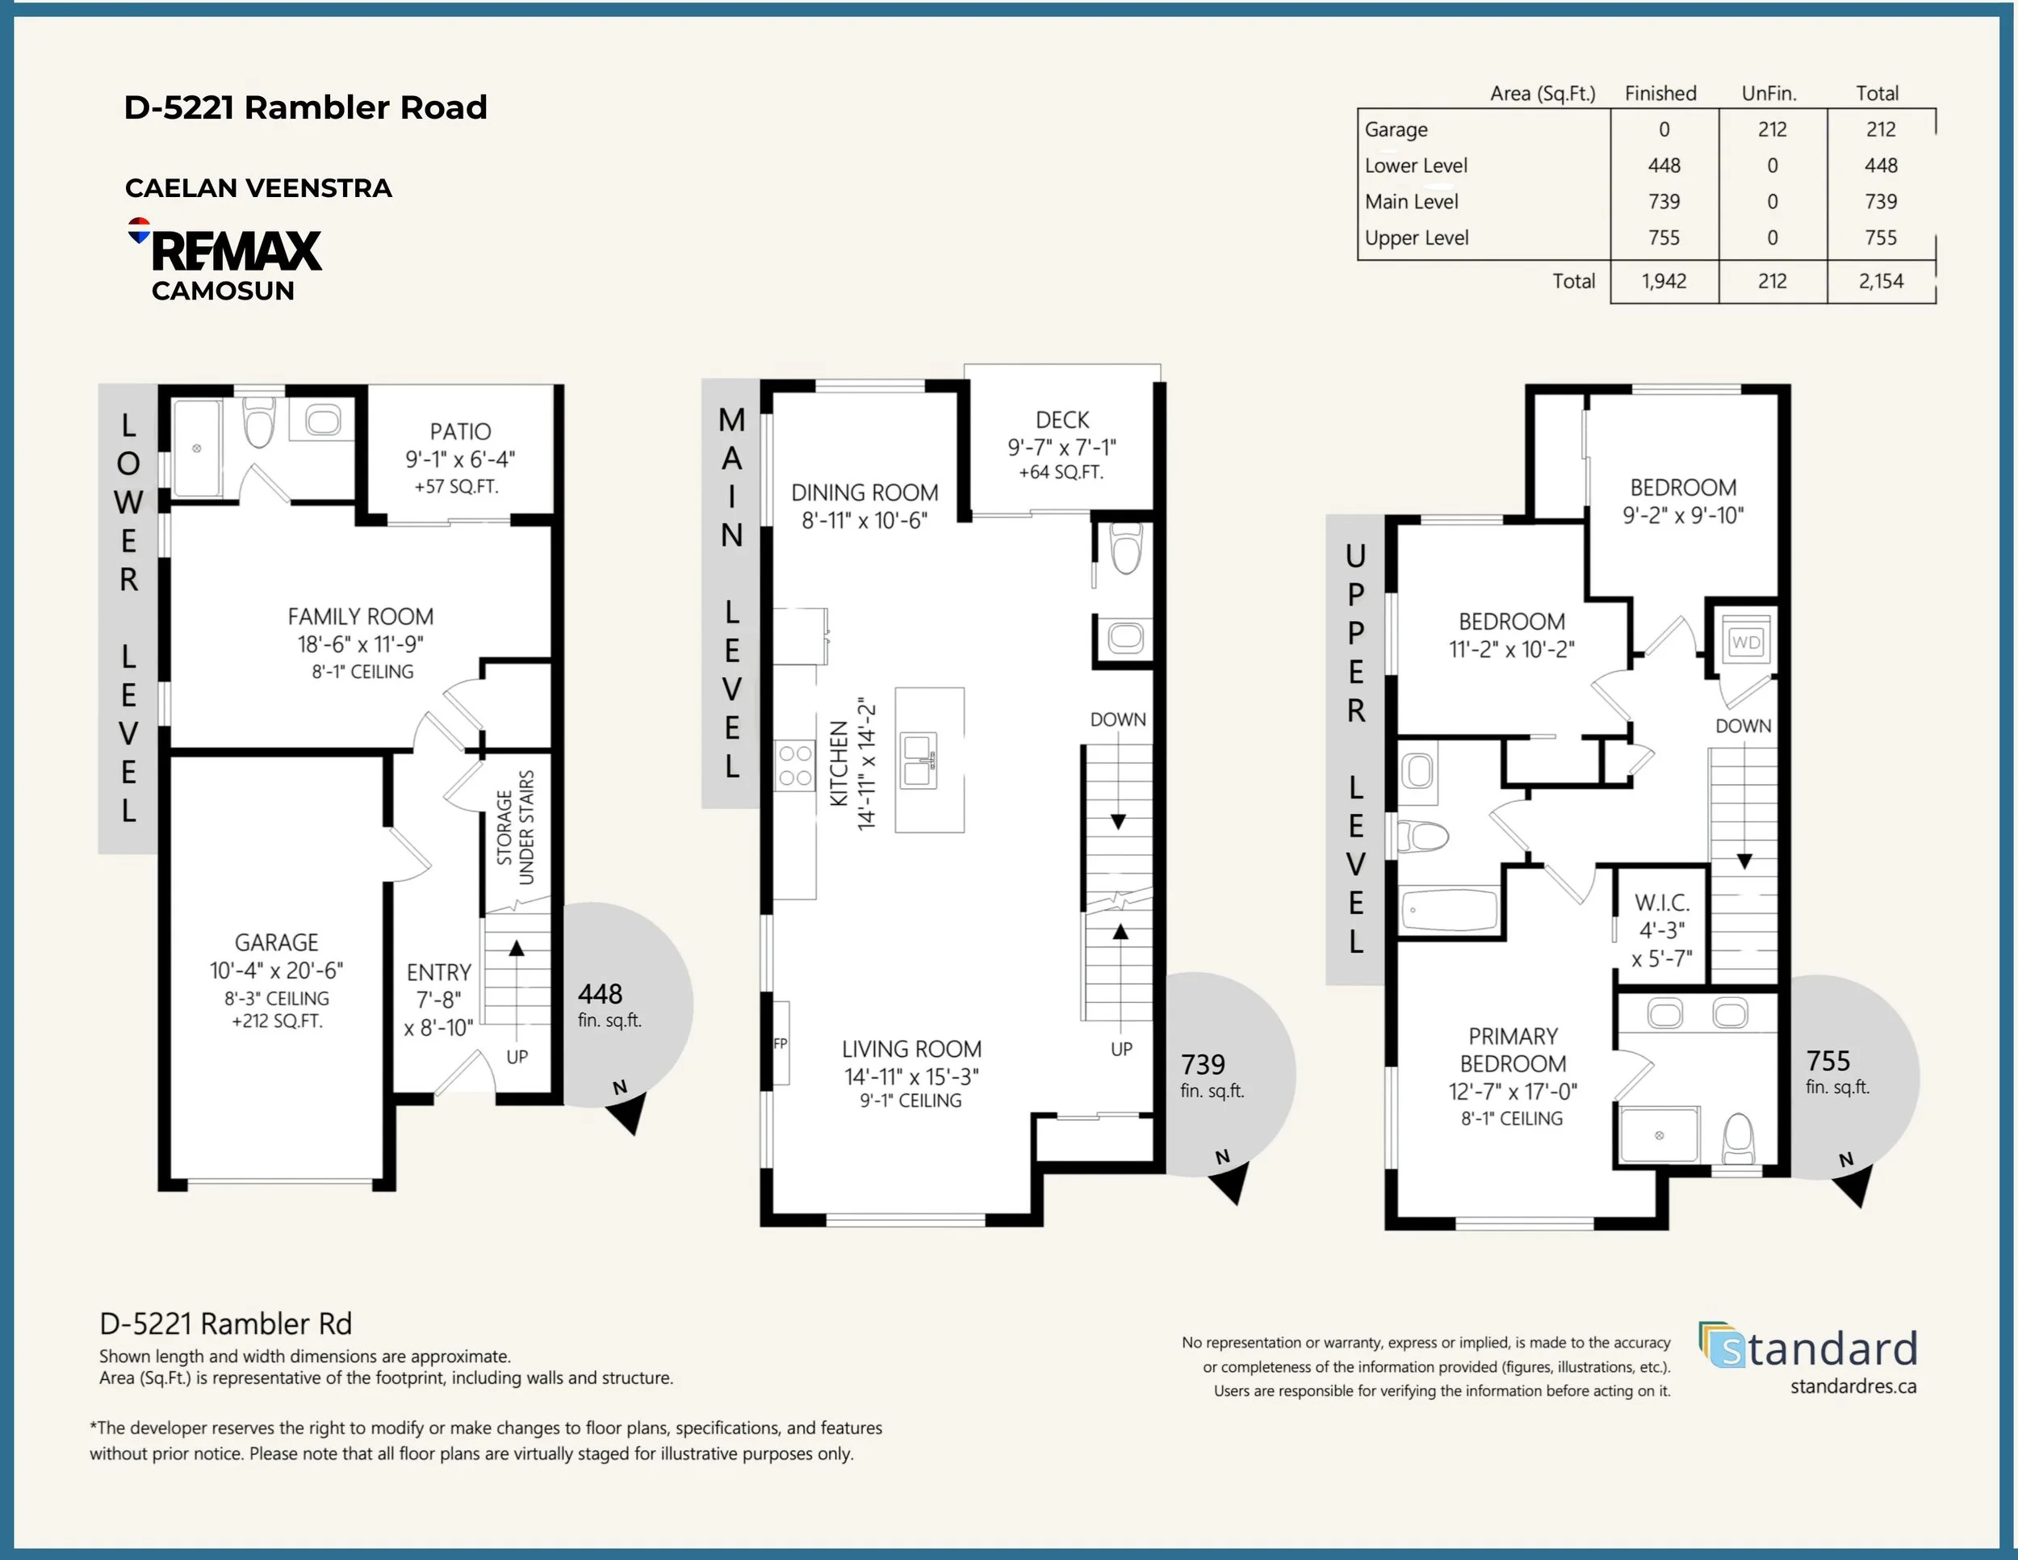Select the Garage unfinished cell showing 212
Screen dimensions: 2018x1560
coord(1773,129)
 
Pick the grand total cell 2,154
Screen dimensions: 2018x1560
coord(1882,281)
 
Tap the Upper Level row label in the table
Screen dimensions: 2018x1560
coord(1417,237)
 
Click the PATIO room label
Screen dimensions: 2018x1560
coord(460,432)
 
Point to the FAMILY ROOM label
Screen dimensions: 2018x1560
coord(360,616)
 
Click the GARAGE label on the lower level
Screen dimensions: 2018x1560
coord(276,942)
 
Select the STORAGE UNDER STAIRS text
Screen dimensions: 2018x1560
coord(516,827)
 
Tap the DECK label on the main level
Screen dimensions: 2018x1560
coord(1061,420)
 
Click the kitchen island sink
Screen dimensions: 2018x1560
coord(919,761)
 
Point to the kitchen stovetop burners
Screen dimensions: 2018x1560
coord(794,765)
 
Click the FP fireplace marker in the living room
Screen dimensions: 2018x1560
coord(780,1043)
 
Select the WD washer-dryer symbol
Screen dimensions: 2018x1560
coord(1745,642)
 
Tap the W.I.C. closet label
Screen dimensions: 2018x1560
coord(1662,903)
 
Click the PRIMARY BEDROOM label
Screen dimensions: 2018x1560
coord(1513,1050)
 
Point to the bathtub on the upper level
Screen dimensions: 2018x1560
coord(1449,909)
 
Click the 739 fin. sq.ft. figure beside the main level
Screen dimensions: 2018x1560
coord(1212,1076)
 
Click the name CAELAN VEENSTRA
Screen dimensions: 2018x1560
coord(259,188)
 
